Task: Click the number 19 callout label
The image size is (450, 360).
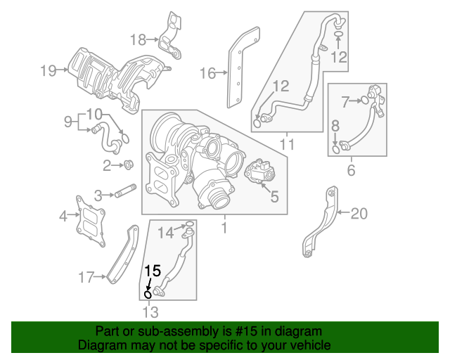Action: (x=48, y=70)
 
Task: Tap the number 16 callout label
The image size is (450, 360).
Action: (x=207, y=72)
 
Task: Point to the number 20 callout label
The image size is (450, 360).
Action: (x=359, y=213)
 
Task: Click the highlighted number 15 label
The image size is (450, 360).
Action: (x=153, y=269)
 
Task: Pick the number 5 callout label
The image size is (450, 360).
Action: (x=274, y=198)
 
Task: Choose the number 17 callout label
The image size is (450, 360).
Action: (x=86, y=278)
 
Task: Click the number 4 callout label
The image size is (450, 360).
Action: (x=63, y=215)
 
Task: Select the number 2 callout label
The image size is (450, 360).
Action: (x=107, y=166)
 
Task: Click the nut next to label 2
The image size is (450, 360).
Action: (x=129, y=166)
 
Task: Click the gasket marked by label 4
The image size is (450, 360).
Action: (x=89, y=219)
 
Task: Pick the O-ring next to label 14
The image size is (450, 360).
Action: (x=189, y=226)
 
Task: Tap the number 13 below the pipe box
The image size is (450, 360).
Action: (x=150, y=312)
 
